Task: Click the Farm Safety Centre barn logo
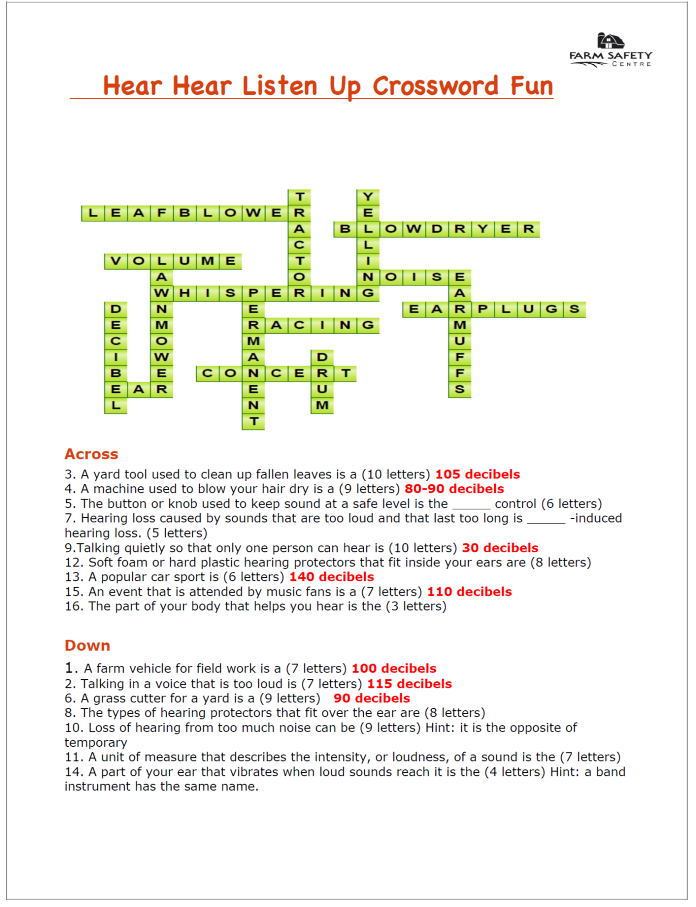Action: (x=610, y=41)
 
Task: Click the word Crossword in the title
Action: (x=435, y=86)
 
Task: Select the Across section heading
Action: (x=91, y=454)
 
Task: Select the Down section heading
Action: (x=88, y=645)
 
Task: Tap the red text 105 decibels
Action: (x=477, y=474)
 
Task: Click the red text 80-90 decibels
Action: (x=454, y=489)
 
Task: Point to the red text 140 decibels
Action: (x=332, y=577)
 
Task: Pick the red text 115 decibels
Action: (x=409, y=684)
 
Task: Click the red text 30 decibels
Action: (x=500, y=548)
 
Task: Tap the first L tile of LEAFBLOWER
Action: (x=93, y=213)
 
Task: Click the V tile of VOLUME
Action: (x=115, y=261)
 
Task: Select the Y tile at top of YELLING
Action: (x=368, y=197)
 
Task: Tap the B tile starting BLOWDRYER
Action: (x=345, y=229)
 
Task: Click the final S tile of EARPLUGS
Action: (x=574, y=309)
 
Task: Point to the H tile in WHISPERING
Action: (x=184, y=293)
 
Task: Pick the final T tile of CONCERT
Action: (x=345, y=373)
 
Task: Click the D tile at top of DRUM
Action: (x=322, y=357)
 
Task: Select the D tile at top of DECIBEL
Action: (x=115, y=309)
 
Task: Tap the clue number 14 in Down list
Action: (x=73, y=772)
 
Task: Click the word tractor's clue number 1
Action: (x=69, y=668)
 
